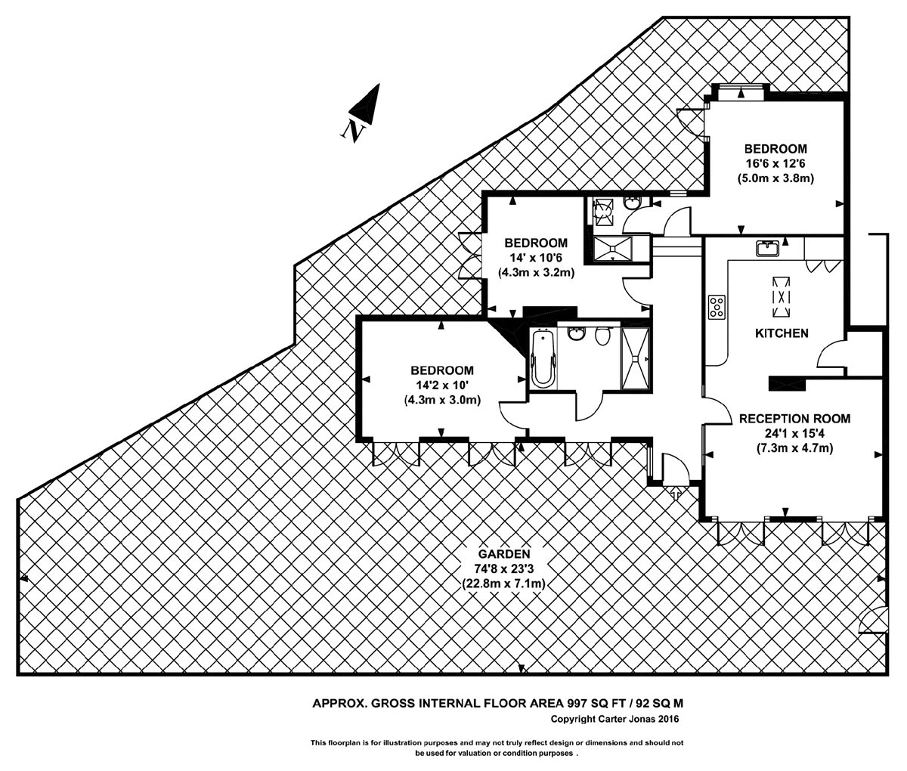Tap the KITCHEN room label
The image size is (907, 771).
click(x=782, y=333)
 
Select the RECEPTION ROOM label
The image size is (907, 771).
click(x=794, y=418)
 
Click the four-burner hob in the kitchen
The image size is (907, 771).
click(x=717, y=306)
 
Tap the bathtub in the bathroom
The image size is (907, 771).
click(x=541, y=358)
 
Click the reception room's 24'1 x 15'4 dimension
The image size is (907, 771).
click(x=794, y=433)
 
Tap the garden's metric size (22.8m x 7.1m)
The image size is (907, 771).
click(x=503, y=584)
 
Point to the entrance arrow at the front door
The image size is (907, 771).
click(x=675, y=494)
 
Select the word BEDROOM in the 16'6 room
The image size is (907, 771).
click(x=775, y=148)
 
